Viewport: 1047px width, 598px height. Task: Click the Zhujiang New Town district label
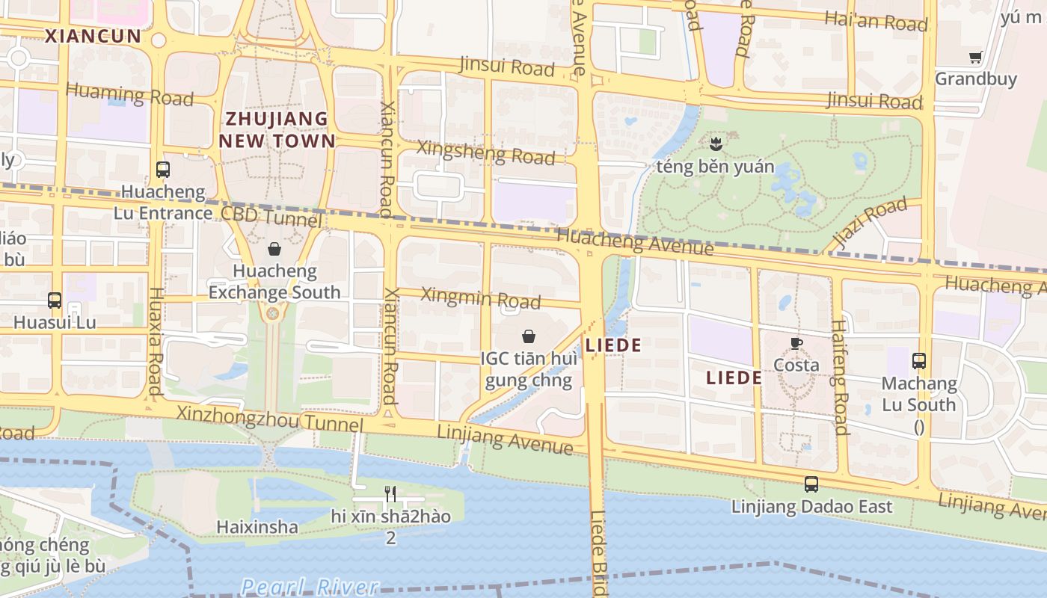277,129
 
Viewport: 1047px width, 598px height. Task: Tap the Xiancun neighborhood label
93,36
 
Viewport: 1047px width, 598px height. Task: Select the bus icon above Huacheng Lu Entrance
163,170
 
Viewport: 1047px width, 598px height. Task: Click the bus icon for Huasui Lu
55,300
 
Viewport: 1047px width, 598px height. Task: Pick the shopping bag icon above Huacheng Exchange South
274,249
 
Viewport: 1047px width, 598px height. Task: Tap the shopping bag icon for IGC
529,336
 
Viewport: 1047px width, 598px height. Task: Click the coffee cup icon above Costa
796,343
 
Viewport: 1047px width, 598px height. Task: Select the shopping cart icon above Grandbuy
975,57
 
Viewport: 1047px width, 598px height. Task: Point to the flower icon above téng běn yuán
715,143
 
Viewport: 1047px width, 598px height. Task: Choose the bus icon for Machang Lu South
919,361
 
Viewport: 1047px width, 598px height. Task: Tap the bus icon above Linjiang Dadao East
811,484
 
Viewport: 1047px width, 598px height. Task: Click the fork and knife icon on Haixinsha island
390,493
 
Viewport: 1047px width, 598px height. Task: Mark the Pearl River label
310,586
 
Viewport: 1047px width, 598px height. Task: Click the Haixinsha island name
257,527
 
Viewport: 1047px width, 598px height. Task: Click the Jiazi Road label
870,224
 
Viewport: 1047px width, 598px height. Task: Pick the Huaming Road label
129,94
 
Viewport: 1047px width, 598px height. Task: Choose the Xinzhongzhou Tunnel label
269,419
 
